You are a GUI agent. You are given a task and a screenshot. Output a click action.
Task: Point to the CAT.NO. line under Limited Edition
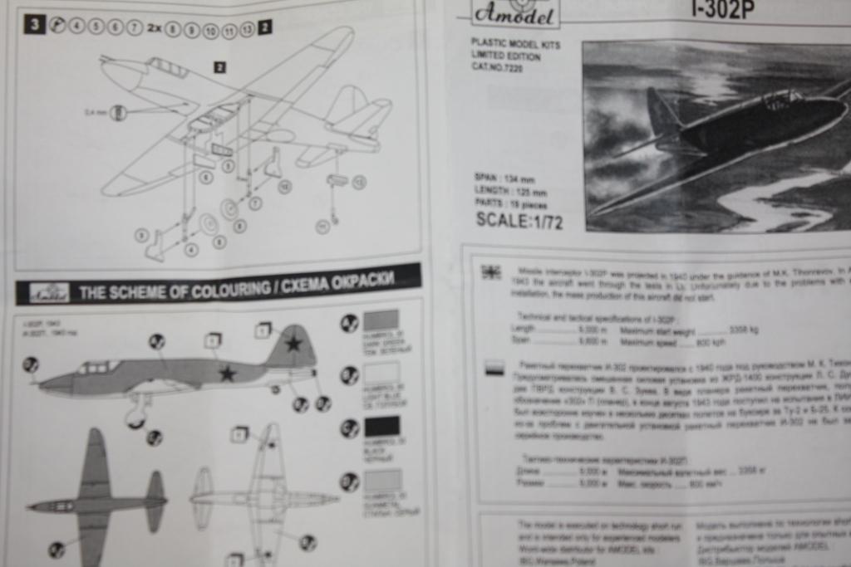[498, 68]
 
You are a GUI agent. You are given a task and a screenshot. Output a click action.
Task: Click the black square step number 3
[34, 24]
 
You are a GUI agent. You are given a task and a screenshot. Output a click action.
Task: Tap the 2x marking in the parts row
[155, 27]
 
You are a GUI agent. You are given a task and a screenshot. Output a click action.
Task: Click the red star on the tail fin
[293, 343]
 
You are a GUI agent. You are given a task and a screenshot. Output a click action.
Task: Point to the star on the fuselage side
[227, 374]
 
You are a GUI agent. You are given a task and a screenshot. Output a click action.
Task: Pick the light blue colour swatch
[381, 373]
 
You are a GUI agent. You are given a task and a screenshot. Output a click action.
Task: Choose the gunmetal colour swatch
[382, 480]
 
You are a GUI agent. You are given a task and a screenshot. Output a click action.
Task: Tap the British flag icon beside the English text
[491, 271]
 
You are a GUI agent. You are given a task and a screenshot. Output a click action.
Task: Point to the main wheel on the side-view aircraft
[135, 417]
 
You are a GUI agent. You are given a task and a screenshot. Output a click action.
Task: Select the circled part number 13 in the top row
[247, 30]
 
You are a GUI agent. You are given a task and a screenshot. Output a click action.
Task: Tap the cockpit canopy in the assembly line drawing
[167, 68]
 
